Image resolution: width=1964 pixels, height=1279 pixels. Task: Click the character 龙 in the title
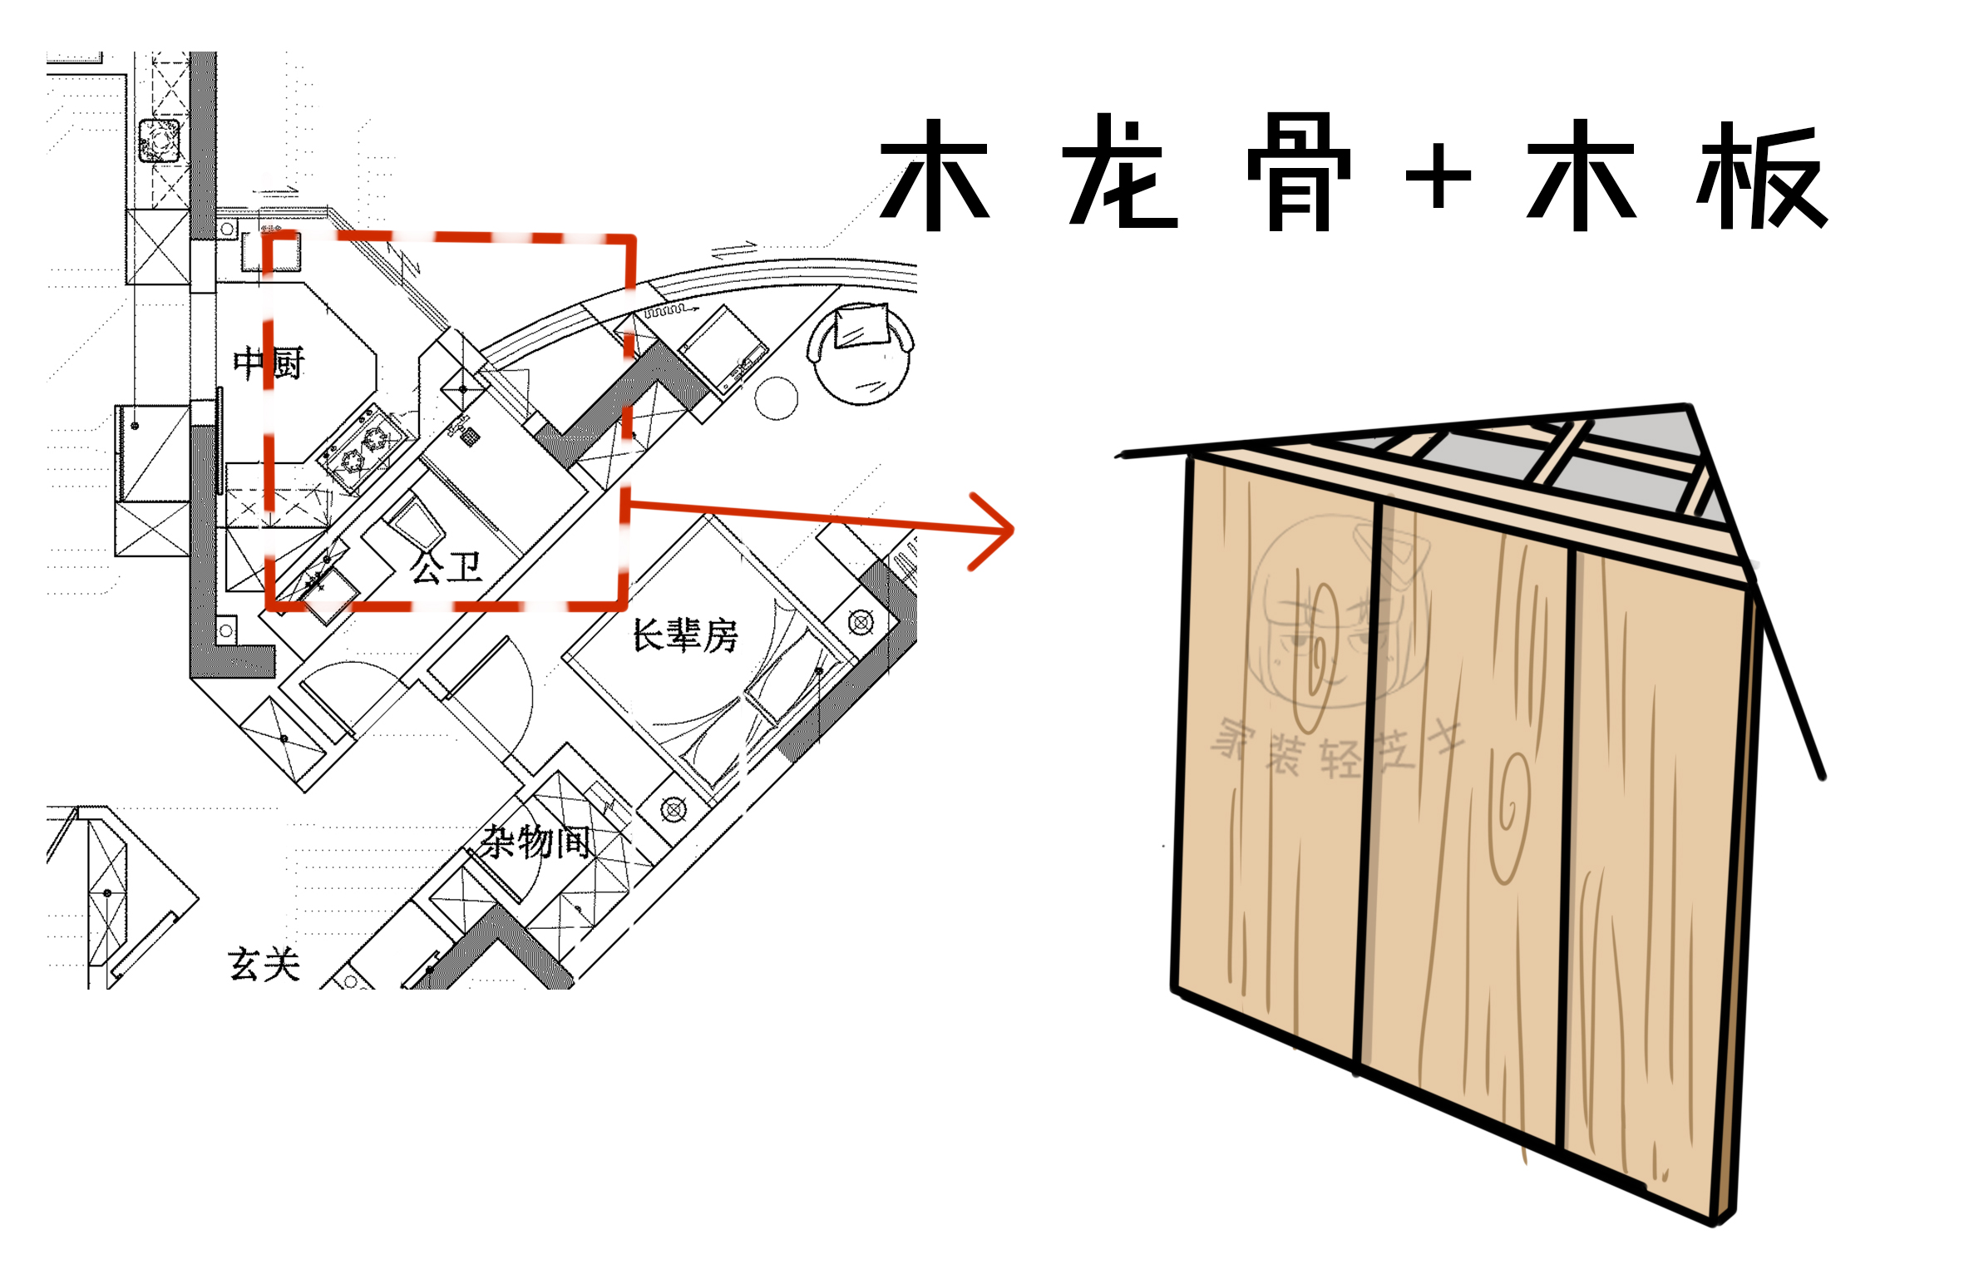pyautogui.click(x=1120, y=175)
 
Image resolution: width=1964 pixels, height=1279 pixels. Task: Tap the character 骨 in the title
pyautogui.click(x=1299, y=175)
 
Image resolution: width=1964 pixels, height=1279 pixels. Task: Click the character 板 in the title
pyautogui.click(x=1761, y=176)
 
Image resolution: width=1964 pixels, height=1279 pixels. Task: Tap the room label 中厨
pyautogui.click(x=269, y=363)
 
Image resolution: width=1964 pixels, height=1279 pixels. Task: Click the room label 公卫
pyautogui.click(x=446, y=567)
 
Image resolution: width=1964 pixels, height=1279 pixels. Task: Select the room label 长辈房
pyautogui.click(x=684, y=635)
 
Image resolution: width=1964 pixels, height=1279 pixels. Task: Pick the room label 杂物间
pyautogui.click(x=537, y=842)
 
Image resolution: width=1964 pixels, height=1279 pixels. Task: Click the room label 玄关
pyautogui.click(x=264, y=965)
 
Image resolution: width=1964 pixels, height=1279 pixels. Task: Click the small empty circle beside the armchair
pyautogui.click(x=776, y=398)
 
